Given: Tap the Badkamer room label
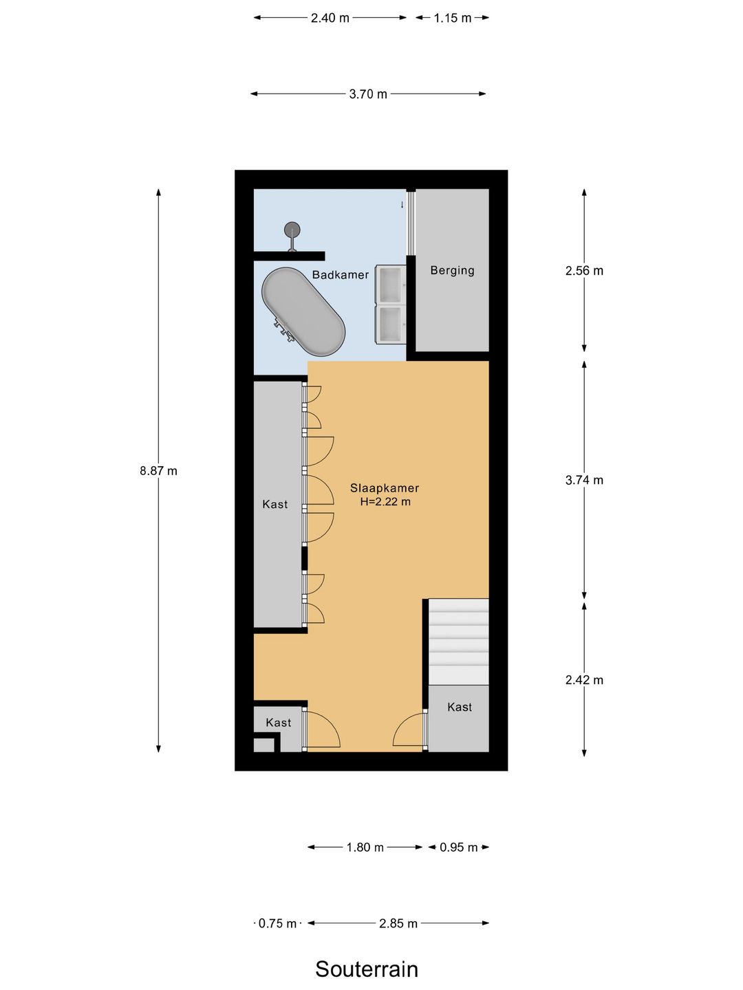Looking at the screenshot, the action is click(341, 275).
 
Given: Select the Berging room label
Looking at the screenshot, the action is click(452, 271).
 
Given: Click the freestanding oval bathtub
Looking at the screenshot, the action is click(303, 311).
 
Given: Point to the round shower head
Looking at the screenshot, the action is click(292, 230).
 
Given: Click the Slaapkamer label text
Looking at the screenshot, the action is click(385, 488).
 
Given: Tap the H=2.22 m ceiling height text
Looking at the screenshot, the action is click(385, 502).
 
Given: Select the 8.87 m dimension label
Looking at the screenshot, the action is click(158, 471).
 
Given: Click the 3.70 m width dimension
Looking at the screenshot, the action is click(368, 93).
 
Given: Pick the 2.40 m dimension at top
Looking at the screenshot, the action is click(330, 18).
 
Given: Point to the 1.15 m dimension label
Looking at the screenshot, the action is click(453, 18).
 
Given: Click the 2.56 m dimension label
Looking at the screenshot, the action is click(584, 271).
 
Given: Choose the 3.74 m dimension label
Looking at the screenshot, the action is click(584, 480).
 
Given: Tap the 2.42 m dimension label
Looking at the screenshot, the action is click(584, 680).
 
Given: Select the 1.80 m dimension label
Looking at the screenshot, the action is click(365, 848).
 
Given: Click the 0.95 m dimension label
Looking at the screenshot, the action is click(458, 848).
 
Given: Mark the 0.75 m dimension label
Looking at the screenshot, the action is click(277, 923).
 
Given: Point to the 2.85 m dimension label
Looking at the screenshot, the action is click(398, 923).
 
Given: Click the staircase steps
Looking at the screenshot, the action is click(458, 642).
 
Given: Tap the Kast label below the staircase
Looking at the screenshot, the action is click(460, 707).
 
